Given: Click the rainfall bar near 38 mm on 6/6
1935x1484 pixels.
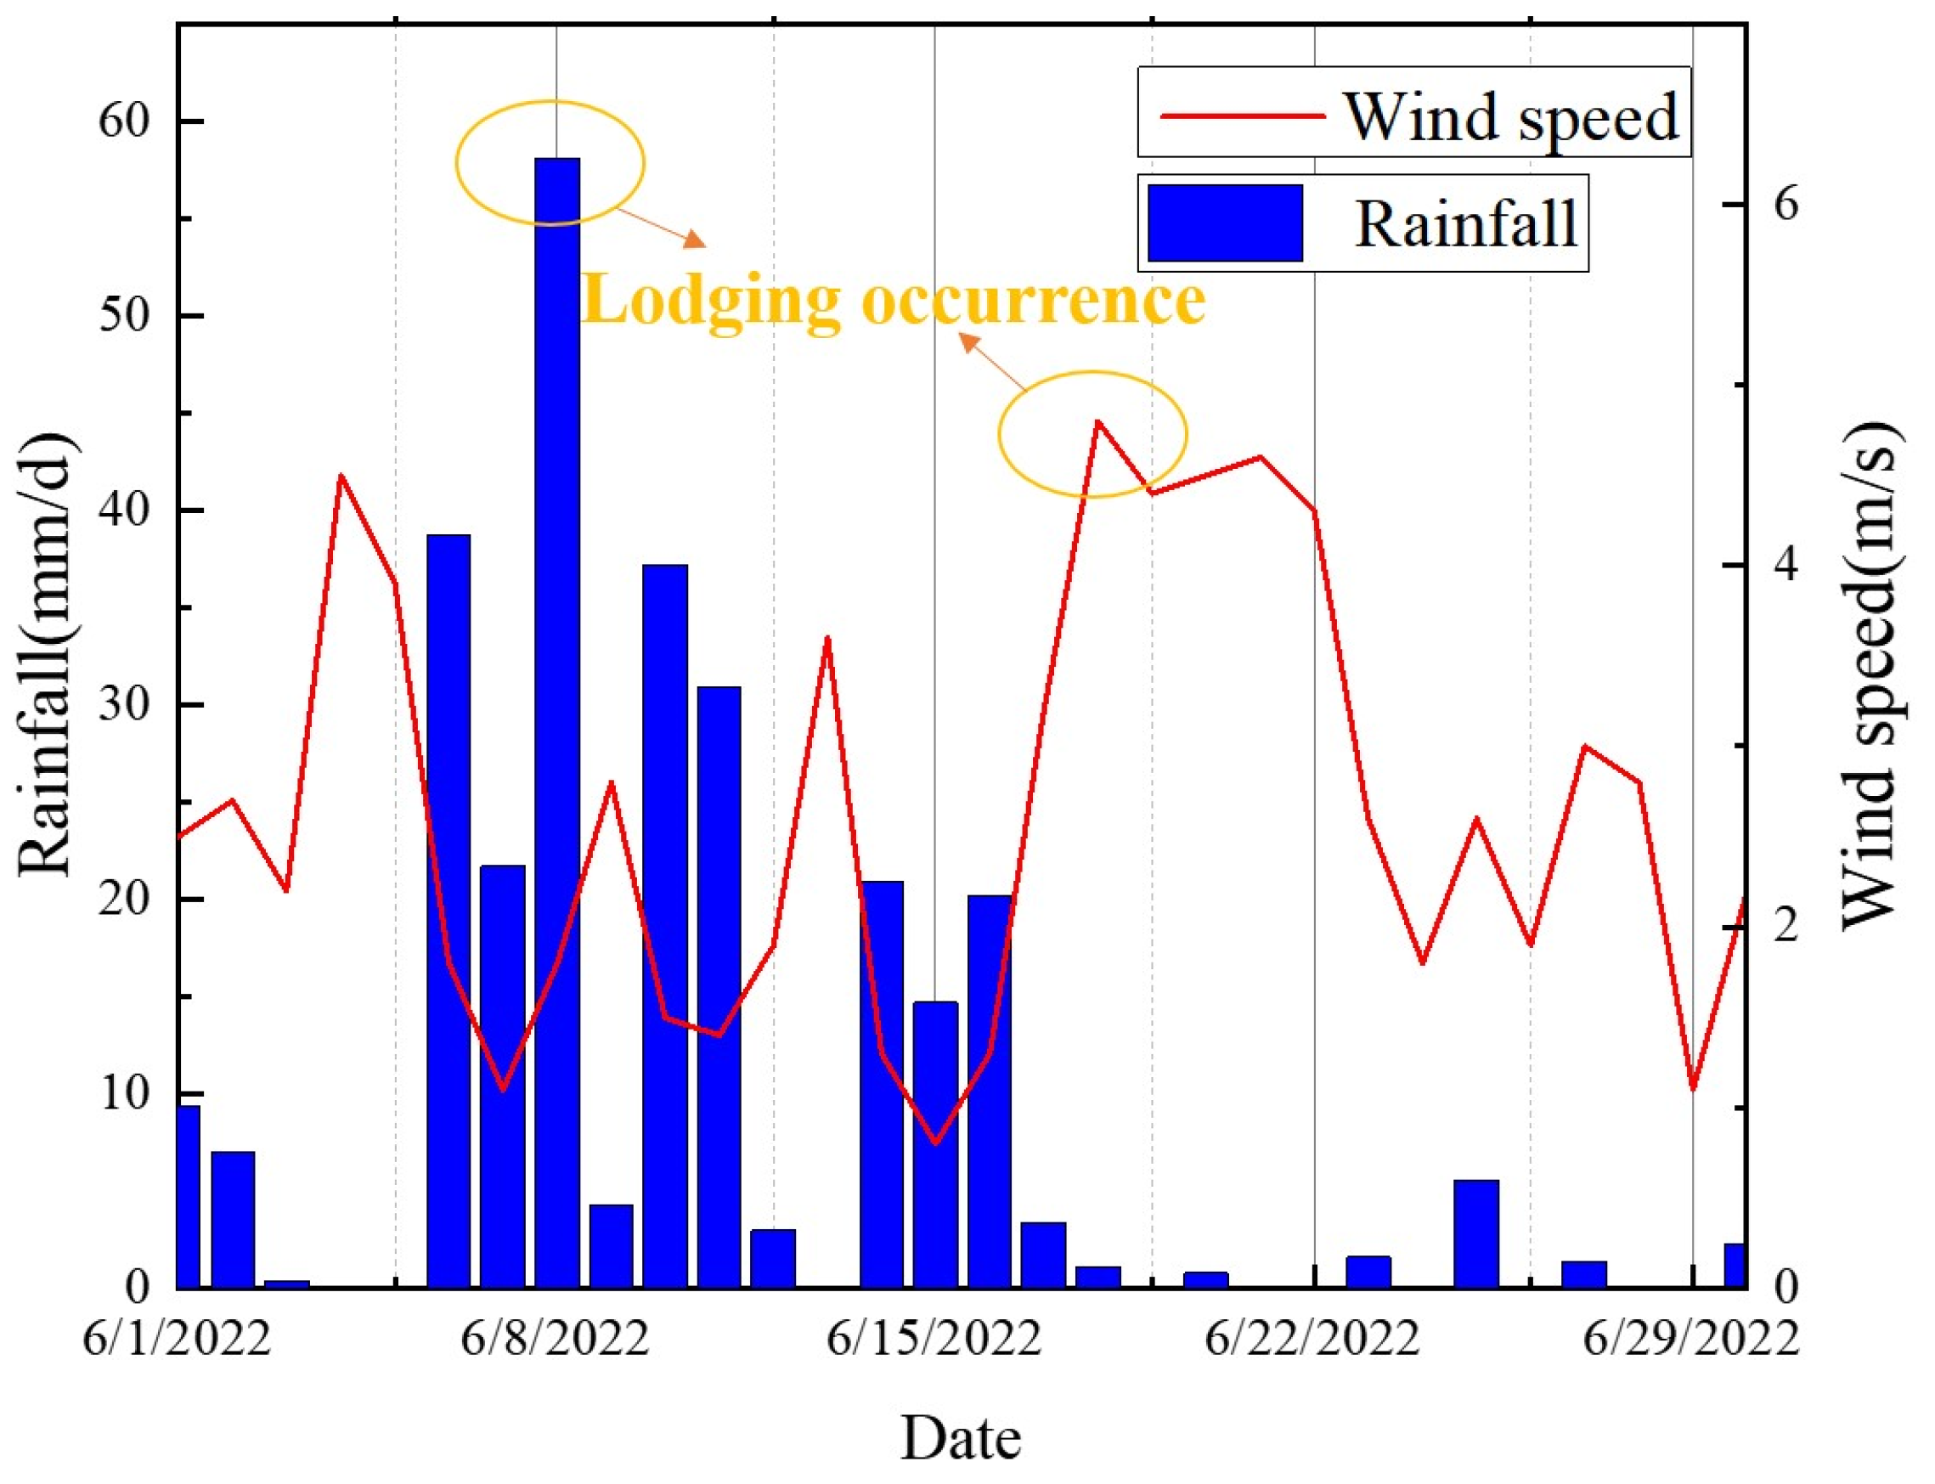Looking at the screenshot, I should [x=448, y=910].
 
